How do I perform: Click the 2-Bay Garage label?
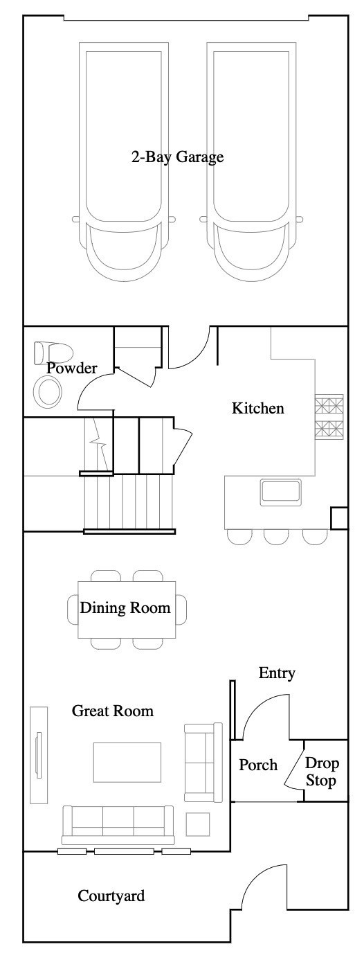[177, 157]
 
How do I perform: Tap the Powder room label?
[71, 368]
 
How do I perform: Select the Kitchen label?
[258, 408]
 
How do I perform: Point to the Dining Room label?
[125, 607]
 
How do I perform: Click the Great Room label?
[113, 711]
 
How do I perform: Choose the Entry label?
[277, 673]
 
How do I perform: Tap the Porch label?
[258, 765]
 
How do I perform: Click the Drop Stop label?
[322, 772]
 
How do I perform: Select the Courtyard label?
[111, 896]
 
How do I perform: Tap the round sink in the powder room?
[48, 392]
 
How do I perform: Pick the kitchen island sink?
[280, 490]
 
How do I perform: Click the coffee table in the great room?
[127, 762]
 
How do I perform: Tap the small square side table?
[197, 824]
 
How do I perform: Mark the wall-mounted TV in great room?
[38, 754]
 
